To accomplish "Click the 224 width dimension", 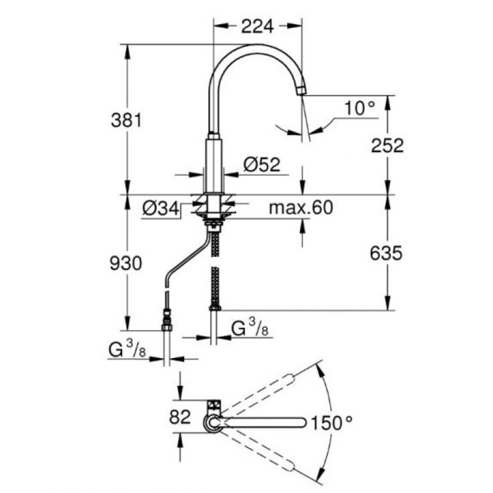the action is point(257,26).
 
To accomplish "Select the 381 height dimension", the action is point(126,120).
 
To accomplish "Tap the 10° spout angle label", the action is point(360,108).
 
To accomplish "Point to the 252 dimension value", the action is point(387,146).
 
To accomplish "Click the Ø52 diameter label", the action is point(261,165).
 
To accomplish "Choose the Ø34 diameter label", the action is point(161,208).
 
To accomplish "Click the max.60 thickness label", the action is point(301,208).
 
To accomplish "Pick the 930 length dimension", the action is point(126,263).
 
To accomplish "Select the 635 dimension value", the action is point(386,253).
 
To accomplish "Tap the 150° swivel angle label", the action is point(332,423).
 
